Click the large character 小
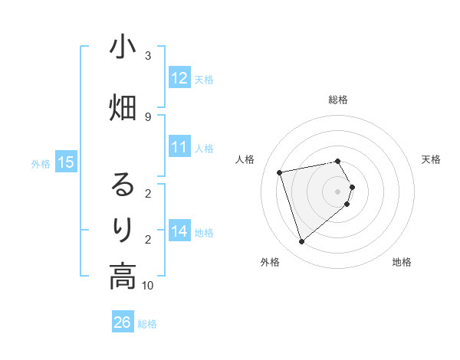(x=123, y=48)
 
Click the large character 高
(x=123, y=276)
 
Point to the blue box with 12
(x=179, y=78)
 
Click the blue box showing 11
(x=179, y=148)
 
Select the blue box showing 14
(x=179, y=231)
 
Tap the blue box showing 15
(x=66, y=162)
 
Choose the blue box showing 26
(x=123, y=322)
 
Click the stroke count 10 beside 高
(x=148, y=286)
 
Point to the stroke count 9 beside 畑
(x=148, y=116)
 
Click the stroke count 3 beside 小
(x=148, y=56)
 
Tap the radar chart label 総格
(x=338, y=100)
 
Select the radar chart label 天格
(x=431, y=159)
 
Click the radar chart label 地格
(x=402, y=263)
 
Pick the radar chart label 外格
(x=270, y=263)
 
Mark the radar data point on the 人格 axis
(x=280, y=172)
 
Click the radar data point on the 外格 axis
(x=301, y=242)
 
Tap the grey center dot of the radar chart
(x=338, y=191)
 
